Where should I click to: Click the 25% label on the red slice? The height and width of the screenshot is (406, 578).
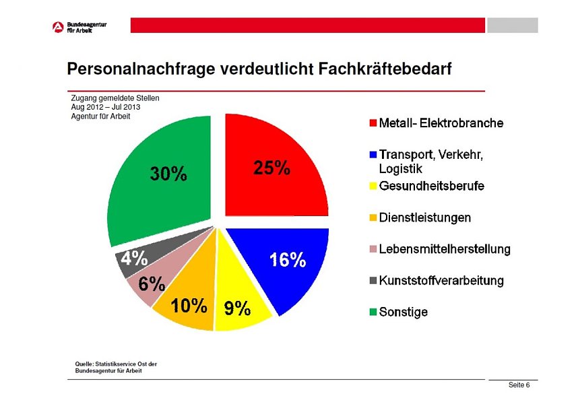point(271,168)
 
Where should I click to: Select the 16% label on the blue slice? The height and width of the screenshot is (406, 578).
point(288,261)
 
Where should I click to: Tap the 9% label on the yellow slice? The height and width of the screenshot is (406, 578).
point(237,309)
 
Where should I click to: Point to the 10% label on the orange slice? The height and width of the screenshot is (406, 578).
point(189,306)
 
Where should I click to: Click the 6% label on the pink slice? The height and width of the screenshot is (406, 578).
point(152,284)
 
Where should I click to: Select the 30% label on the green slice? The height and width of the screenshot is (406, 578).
point(168,174)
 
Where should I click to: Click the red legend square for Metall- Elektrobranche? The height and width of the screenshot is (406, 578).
point(373,124)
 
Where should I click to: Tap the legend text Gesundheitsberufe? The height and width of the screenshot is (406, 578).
point(431,187)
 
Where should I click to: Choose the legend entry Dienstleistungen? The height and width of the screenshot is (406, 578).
point(424,218)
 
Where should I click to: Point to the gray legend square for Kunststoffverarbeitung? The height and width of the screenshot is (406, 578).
point(373,281)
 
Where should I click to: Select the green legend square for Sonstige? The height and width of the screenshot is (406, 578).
point(373,312)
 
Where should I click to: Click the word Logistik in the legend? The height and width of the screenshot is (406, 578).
point(400,169)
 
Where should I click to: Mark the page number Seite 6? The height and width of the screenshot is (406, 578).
point(519,385)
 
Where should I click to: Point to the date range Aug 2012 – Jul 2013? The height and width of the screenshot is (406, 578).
point(105,107)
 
